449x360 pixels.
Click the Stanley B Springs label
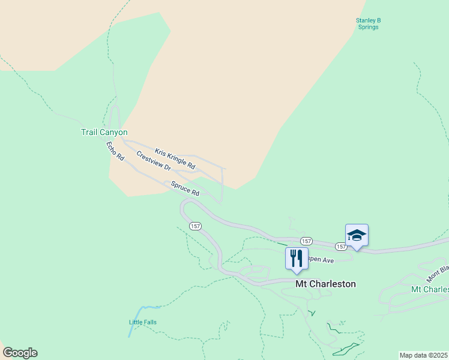(369, 23)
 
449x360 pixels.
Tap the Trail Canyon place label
(104, 132)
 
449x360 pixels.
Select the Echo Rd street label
(115, 151)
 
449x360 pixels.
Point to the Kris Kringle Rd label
(175, 158)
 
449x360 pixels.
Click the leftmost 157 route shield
(194, 226)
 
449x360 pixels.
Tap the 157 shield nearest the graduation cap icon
(340, 247)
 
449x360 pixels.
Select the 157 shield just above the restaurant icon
(305, 240)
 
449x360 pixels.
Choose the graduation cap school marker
(357, 235)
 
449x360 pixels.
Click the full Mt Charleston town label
(325, 284)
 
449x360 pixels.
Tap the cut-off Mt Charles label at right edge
(429, 289)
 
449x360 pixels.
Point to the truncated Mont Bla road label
(438, 273)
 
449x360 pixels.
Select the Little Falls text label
(143, 322)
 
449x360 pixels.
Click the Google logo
(20, 353)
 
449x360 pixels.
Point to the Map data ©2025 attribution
(423, 355)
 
